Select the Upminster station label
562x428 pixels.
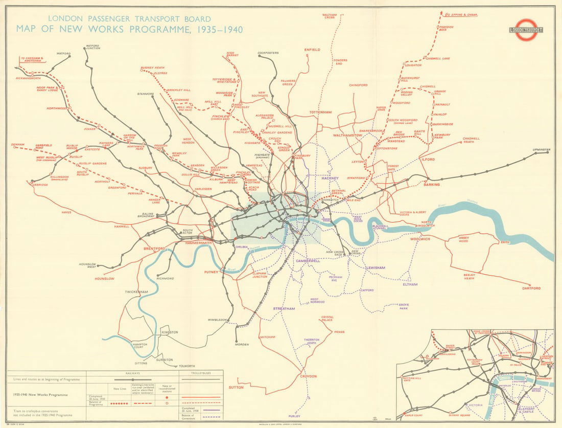(x=541, y=150)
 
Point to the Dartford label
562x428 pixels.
(x=531, y=288)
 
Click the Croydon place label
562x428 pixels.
(x=308, y=376)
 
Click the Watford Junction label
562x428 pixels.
(x=93, y=47)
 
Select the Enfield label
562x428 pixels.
(x=312, y=50)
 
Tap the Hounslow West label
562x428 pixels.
(x=88, y=265)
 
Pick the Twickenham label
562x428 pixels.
(x=136, y=292)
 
